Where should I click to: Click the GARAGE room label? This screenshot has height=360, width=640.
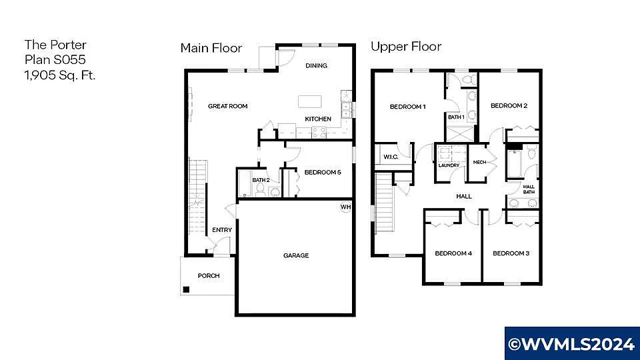click(296, 255)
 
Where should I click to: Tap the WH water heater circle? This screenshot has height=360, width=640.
click(345, 207)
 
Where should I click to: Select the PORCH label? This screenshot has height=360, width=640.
click(209, 276)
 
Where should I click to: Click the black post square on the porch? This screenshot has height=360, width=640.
click(187, 289)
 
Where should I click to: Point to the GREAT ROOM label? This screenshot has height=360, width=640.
click(227, 106)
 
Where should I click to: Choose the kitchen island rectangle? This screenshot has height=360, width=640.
click(309, 101)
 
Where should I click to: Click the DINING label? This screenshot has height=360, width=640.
click(316, 65)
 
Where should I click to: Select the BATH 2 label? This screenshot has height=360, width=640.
click(261, 180)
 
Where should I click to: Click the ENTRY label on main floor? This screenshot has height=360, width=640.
click(222, 230)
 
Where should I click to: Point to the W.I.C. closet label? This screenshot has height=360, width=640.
click(391, 157)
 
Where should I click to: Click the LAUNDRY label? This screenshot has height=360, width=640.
click(449, 166)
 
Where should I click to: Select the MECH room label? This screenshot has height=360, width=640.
click(479, 162)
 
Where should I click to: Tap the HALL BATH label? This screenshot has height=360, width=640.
click(529, 189)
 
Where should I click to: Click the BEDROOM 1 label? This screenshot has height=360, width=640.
click(407, 107)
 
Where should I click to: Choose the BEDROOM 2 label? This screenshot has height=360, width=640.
click(509, 105)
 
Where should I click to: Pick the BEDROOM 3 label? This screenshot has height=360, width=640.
click(511, 253)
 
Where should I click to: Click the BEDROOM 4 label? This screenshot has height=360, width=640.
click(453, 253)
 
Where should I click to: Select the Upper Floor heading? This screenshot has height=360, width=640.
click(406, 47)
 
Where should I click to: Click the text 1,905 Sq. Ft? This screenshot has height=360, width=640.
click(60, 75)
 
